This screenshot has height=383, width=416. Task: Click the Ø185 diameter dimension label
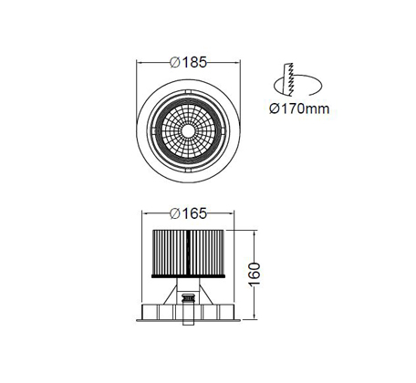pyautogui.click(x=188, y=62)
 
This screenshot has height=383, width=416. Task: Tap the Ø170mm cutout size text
pyautogui.click(x=299, y=109)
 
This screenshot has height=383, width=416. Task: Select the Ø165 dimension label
pyautogui.click(x=188, y=213)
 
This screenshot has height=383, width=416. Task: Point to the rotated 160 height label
pyautogui.click(x=255, y=274)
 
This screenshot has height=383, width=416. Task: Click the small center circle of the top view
pyautogui.click(x=188, y=131)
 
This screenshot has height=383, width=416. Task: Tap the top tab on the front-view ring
pyautogui.click(x=188, y=91)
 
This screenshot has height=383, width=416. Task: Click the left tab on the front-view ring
pyautogui.click(x=153, y=131)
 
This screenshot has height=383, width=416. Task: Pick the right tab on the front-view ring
pyautogui.click(x=224, y=131)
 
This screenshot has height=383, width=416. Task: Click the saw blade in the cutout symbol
pyautogui.click(x=288, y=79)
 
